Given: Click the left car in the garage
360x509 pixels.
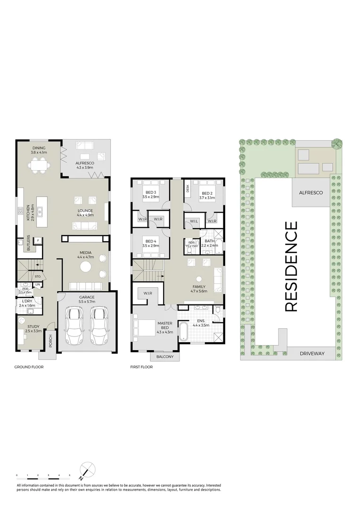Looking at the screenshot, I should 74,326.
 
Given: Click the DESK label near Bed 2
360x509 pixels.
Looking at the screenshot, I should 188,188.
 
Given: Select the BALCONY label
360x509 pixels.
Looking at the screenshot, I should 164,357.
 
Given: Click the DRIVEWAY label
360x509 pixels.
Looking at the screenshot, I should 312,353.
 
